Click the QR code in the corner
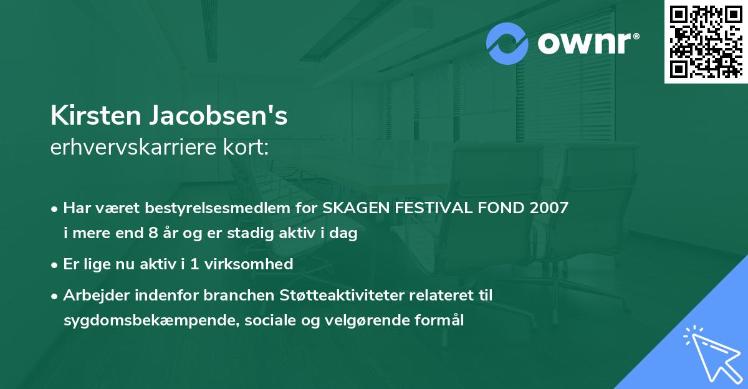tap(706, 41)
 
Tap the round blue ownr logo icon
tap(507, 44)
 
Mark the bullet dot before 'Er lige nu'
tap(55, 264)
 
